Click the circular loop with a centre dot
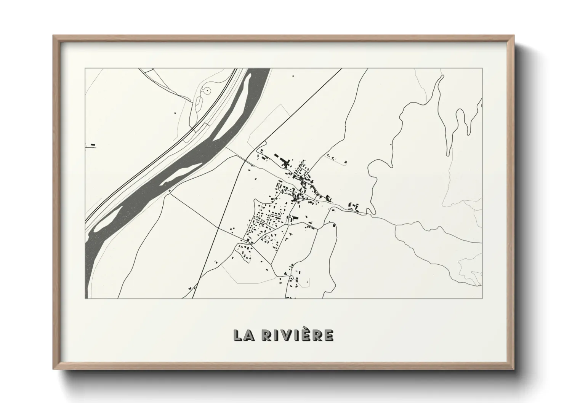coord(206,91)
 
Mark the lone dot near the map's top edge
coord(293,76)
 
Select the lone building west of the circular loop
coord(175,113)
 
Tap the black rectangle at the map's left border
coord(93,145)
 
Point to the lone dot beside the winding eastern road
coord(391,145)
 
